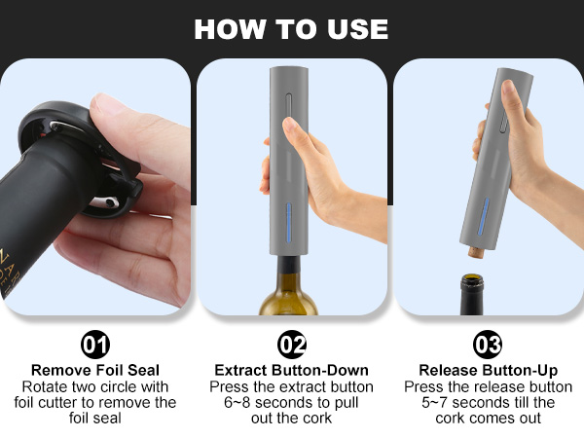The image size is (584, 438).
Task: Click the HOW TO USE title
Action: pyautogui.click(x=291, y=28)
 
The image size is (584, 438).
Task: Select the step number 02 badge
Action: pyautogui.click(x=292, y=345)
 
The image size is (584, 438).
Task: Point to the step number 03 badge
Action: pyautogui.click(x=487, y=345)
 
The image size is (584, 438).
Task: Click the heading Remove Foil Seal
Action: pyautogui.click(x=96, y=370)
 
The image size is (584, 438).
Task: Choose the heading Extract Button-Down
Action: pyautogui.click(x=291, y=370)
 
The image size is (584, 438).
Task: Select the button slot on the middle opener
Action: pyautogui.click(x=289, y=105)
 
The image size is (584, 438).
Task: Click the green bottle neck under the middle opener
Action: pyautogui.click(x=289, y=277)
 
